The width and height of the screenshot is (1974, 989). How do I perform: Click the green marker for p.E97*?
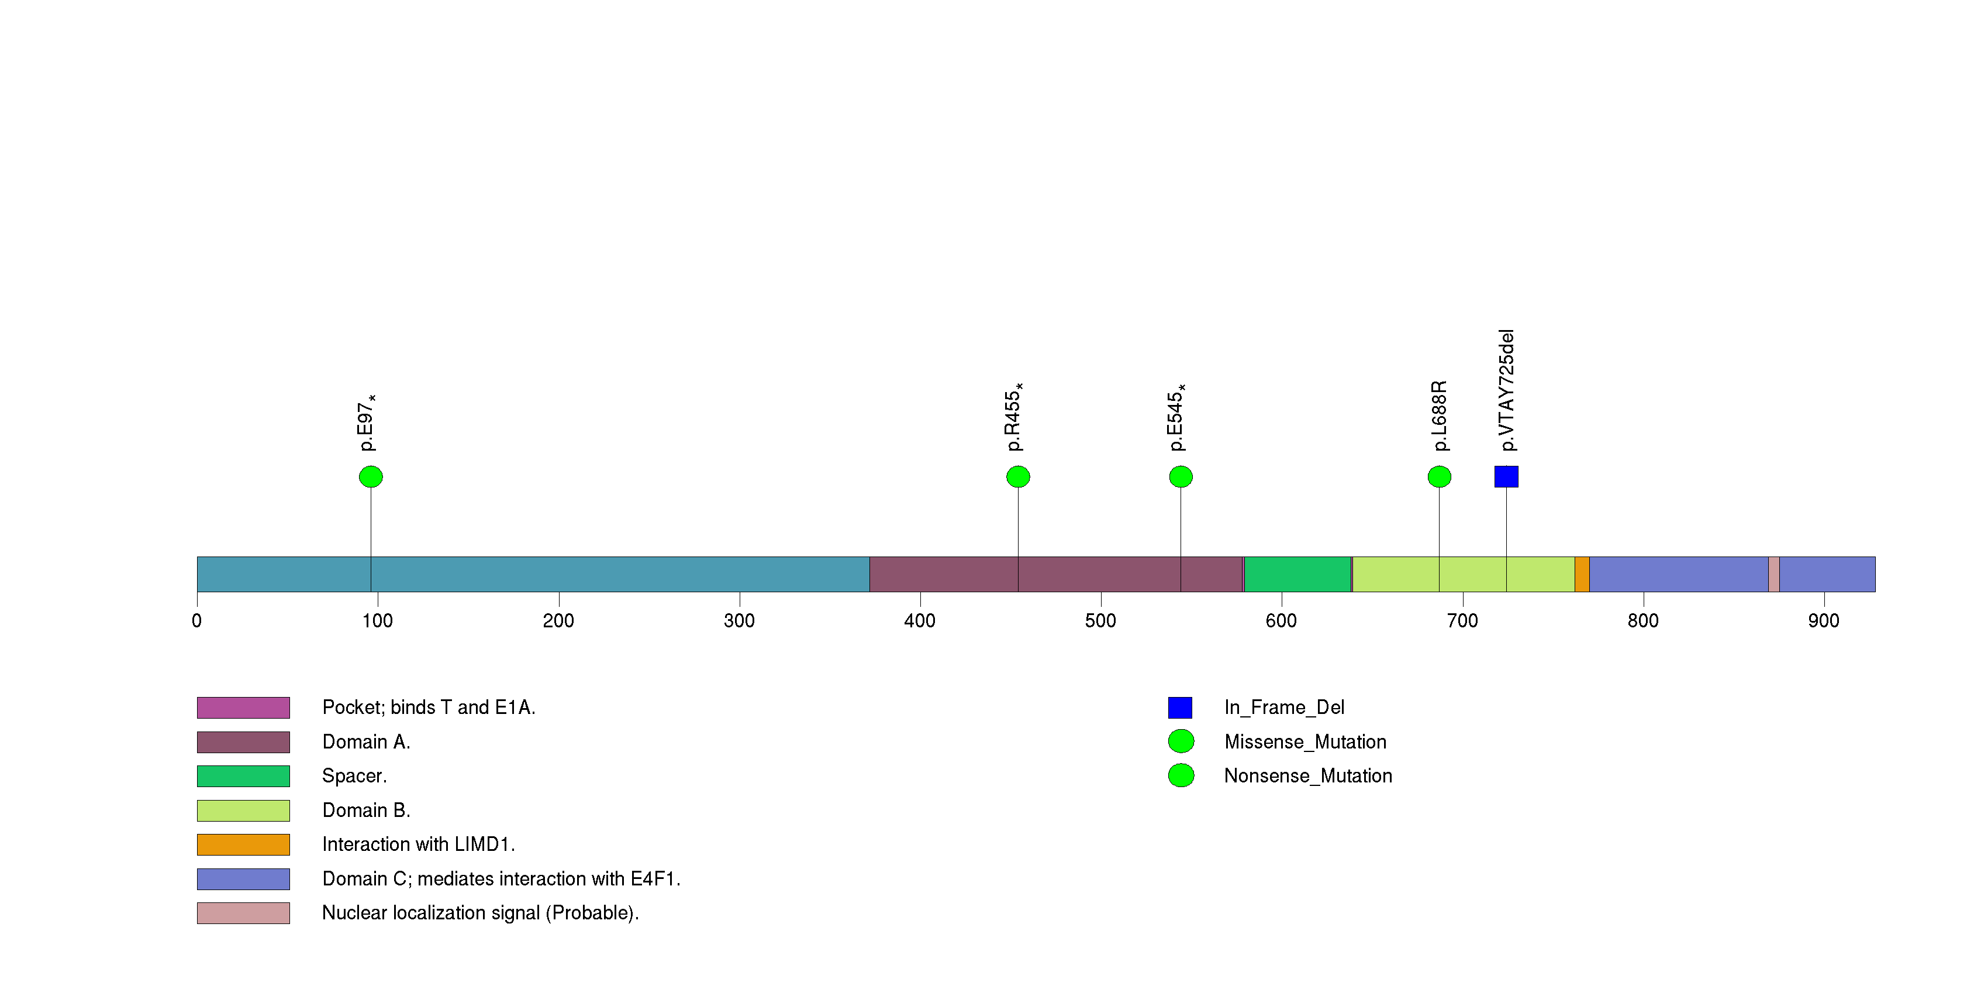(x=371, y=477)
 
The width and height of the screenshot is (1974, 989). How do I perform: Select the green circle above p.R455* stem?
(x=1017, y=477)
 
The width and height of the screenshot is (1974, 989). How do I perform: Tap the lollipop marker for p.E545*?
(x=1181, y=477)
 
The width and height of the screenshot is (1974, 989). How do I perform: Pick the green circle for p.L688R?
(x=1439, y=477)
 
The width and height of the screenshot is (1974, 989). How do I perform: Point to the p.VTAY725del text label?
(x=1507, y=390)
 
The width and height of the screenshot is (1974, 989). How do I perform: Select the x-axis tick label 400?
(x=920, y=621)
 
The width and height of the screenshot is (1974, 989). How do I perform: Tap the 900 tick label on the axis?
(x=1823, y=621)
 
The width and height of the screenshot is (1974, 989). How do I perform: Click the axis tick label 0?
(x=197, y=621)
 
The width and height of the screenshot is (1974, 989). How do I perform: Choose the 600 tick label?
(x=1281, y=621)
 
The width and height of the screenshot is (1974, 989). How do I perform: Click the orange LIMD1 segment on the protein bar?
(x=1582, y=574)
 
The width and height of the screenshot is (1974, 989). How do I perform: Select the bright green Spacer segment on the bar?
(x=1297, y=574)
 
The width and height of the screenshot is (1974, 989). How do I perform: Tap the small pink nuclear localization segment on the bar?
(x=1773, y=574)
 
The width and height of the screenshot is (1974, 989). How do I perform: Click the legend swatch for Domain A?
(x=243, y=742)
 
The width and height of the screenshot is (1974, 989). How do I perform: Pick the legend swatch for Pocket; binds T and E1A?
(x=243, y=708)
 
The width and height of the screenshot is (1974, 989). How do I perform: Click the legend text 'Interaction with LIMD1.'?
(x=419, y=844)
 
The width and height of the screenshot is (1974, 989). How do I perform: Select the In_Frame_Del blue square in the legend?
(x=1180, y=708)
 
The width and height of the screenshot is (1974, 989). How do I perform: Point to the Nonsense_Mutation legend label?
(x=1308, y=776)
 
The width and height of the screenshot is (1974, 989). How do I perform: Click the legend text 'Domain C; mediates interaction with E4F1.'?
(x=501, y=878)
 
